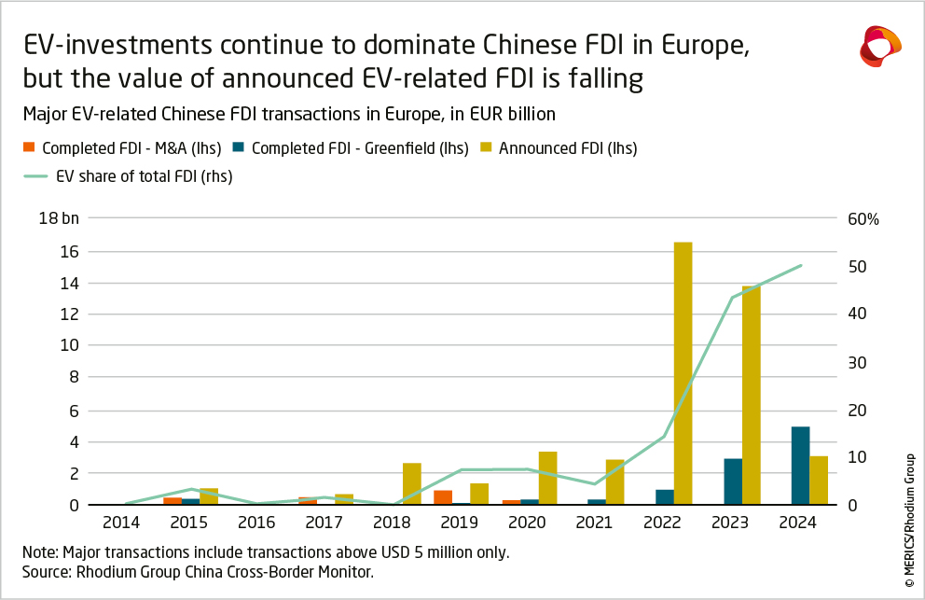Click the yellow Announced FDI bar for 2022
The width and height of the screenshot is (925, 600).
coord(683,373)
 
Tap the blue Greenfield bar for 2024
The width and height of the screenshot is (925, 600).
coord(800,466)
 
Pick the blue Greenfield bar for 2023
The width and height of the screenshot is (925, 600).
coord(733,481)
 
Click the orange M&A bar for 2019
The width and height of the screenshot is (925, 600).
coord(443,497)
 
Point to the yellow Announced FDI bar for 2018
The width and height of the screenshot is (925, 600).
coord(412,483)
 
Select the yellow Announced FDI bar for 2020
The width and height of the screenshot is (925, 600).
coord(547,478)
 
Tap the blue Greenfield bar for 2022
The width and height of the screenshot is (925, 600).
coord(665,496)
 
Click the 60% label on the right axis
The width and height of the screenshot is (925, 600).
coord(863,219)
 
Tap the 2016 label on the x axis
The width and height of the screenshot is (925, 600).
coord(257,523)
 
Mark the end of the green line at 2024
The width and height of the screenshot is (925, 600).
coord(801,266)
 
